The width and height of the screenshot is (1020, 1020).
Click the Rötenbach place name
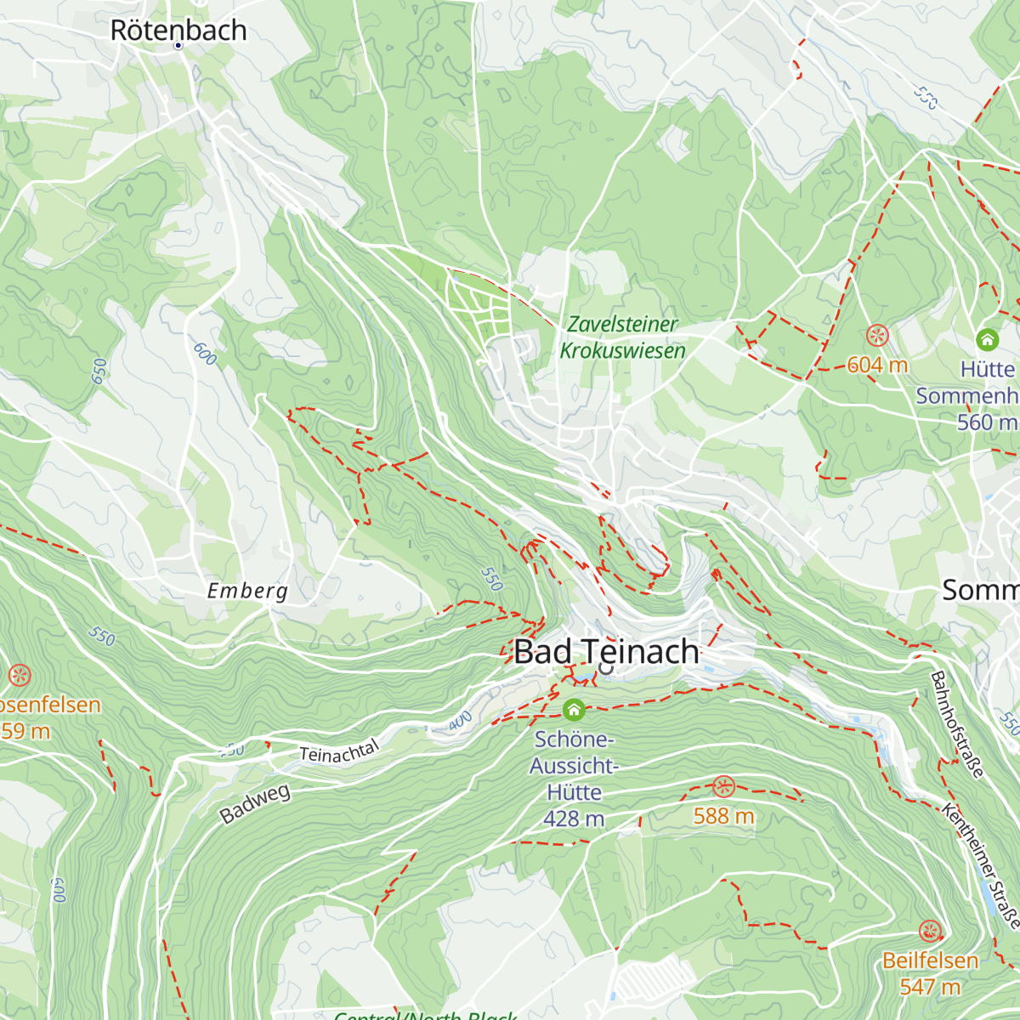point(178,31)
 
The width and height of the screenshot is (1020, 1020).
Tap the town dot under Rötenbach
point(178,45)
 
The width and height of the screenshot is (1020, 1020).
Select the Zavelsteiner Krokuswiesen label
point(622,337)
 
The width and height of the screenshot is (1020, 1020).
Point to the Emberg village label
point(247,591)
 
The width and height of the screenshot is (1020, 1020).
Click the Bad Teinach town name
point(606,652)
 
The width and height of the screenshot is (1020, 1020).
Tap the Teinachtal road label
point(339,752)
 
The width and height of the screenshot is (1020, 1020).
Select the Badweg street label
point(255,804)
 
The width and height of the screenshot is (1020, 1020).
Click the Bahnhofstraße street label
point(957,724)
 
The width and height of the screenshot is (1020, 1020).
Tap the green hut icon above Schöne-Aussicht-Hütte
point(574,709)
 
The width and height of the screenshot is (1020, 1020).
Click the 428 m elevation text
point(574,819)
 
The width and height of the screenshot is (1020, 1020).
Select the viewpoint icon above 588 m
point(722,785)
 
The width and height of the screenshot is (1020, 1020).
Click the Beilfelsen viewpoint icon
point(929,930)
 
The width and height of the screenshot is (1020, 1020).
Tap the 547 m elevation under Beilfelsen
point(929,987)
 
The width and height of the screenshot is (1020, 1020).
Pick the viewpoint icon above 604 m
point(877,335)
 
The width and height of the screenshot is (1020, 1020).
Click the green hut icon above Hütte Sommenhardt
point(987,339)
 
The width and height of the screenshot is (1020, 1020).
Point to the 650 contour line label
point(100,371)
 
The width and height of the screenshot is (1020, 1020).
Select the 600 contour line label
point(205,354)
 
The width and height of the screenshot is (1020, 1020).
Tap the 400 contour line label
point(459,722)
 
